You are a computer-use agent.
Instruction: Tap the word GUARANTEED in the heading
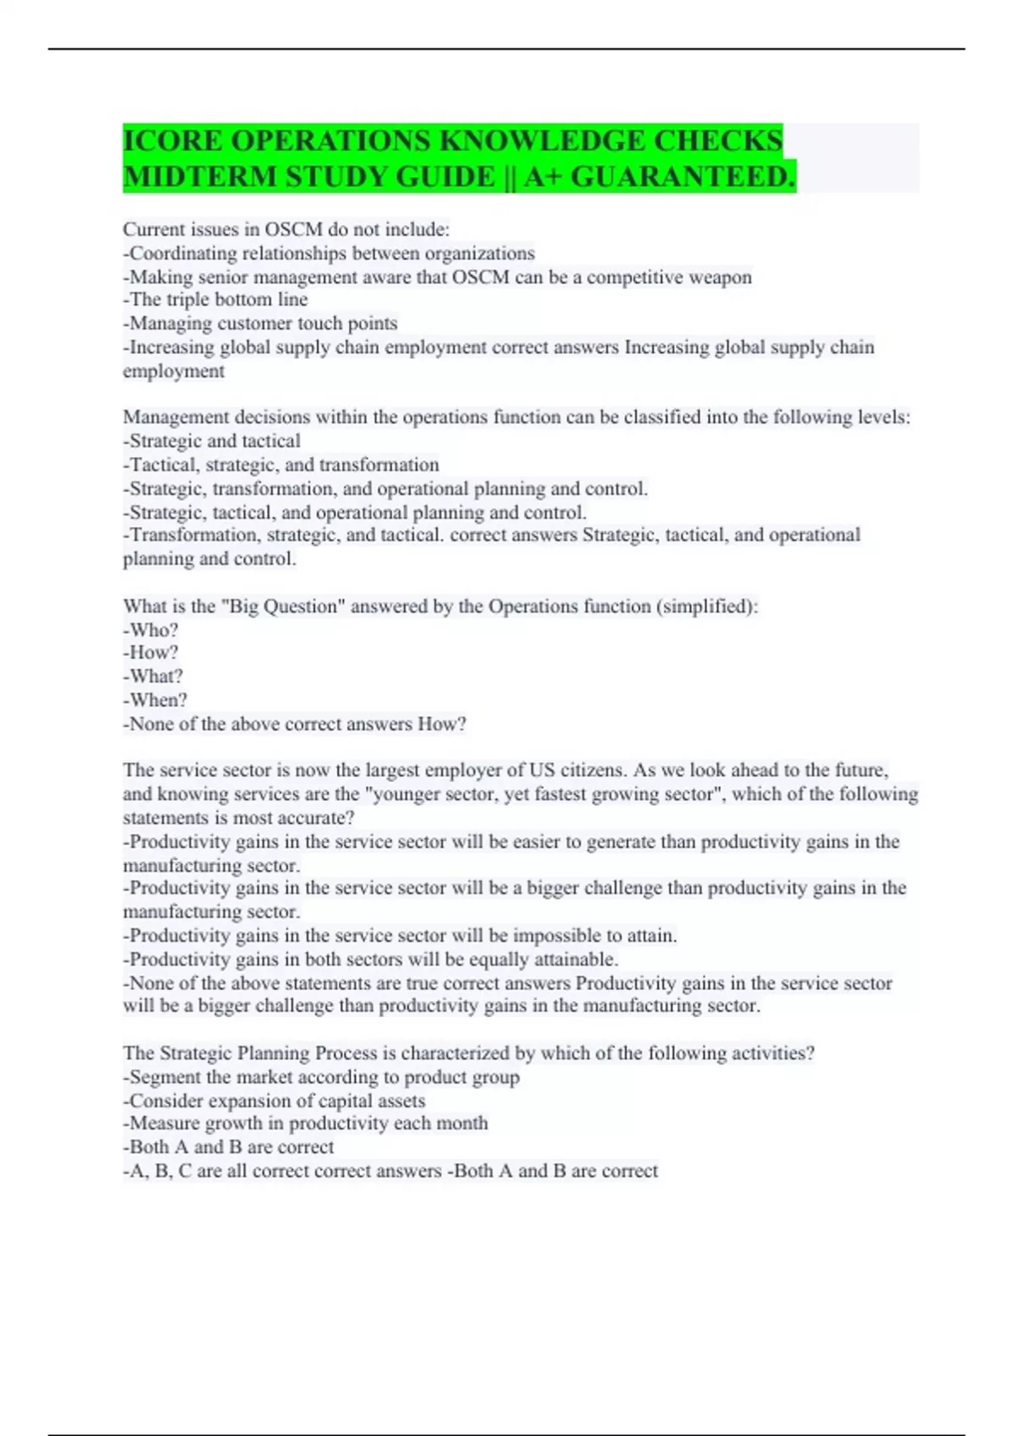(682, 177)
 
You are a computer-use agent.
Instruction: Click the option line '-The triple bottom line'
(215, 300)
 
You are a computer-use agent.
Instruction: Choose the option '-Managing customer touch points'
(260, 324)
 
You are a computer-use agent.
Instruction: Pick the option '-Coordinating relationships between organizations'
(329, 253)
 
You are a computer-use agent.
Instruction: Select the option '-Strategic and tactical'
(212, 441)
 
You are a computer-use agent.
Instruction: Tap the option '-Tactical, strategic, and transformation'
(281, 465)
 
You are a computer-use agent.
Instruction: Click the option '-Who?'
(151, 630)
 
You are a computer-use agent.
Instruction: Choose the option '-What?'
(153, 677)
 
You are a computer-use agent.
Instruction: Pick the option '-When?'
(155, 700)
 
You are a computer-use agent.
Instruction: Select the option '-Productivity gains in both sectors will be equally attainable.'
(371, 960)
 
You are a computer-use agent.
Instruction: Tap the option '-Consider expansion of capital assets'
(275, 1101)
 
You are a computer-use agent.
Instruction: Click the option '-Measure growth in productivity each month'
(306, 1123)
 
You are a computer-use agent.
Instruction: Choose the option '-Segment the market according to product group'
(321, 1078)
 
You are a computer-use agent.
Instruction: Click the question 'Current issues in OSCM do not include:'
(286, 230)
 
